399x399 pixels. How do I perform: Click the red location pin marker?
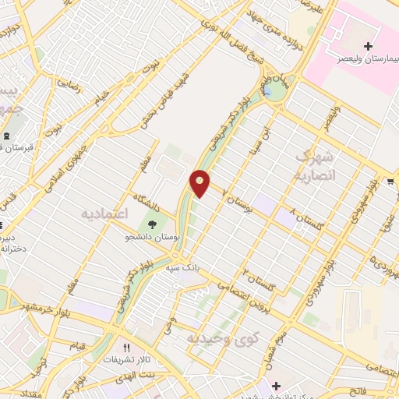(200, 182)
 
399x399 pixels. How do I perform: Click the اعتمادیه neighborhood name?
(105, 211)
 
